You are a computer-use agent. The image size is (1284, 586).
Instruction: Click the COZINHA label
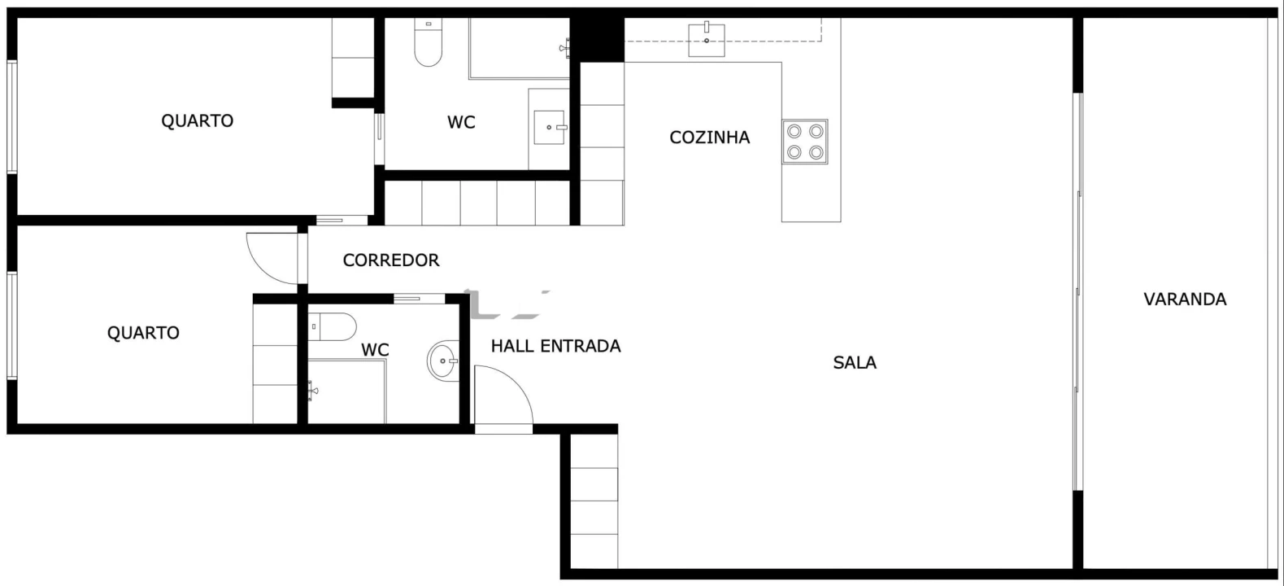coord(709,138)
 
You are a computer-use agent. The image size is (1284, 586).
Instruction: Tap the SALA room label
coord(855,363)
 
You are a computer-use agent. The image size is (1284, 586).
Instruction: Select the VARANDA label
coord(1185,300)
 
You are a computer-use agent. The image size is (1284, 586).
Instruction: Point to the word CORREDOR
coord(391,260)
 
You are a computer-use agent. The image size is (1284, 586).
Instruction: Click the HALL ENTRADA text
coord(555,347)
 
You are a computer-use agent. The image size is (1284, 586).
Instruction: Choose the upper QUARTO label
coord(197,121)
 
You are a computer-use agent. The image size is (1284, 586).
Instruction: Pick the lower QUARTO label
coord(143,333)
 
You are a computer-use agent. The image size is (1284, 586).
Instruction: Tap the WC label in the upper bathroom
coord(461,123)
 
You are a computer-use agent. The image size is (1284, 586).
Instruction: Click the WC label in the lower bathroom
coord(375,351)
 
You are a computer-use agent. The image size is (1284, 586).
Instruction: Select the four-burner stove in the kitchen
coord(805,142)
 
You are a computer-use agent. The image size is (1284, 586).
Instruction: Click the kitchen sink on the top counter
coord(707,40)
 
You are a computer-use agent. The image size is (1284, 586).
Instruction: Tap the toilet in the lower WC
coord(333,326)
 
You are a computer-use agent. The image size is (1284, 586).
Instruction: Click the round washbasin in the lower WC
coord(444,360)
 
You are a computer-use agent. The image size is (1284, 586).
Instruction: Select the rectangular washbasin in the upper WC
coord(550,128)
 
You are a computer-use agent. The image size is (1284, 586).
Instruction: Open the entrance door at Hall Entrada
coord(503,398)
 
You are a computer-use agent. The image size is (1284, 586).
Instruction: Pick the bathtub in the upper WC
coord(518,49)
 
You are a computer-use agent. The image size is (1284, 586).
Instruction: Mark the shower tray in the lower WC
coord(346,391)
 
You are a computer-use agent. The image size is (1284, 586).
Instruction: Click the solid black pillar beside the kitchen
coord(597,39)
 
